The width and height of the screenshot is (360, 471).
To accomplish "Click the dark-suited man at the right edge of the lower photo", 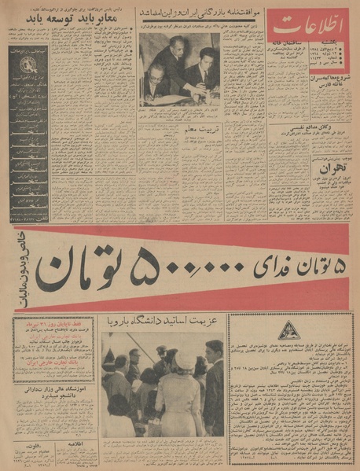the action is pyautogui.click(x=211, y=385).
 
